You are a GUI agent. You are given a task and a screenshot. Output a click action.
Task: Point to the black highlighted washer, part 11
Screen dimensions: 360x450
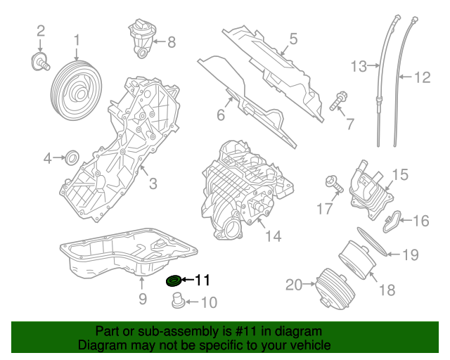173,282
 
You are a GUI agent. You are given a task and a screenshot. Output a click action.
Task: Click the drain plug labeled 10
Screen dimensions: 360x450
177,302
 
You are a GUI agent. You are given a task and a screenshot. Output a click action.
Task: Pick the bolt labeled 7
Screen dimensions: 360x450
337,102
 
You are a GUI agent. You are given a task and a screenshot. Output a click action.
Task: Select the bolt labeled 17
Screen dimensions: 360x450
333,184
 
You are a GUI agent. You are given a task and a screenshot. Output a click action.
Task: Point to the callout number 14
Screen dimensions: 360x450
273,236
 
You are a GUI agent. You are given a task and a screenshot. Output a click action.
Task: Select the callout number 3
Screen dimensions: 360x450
152,184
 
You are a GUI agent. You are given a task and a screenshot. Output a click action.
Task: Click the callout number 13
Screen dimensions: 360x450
359,66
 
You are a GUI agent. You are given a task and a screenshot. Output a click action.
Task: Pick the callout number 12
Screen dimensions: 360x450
421,77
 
